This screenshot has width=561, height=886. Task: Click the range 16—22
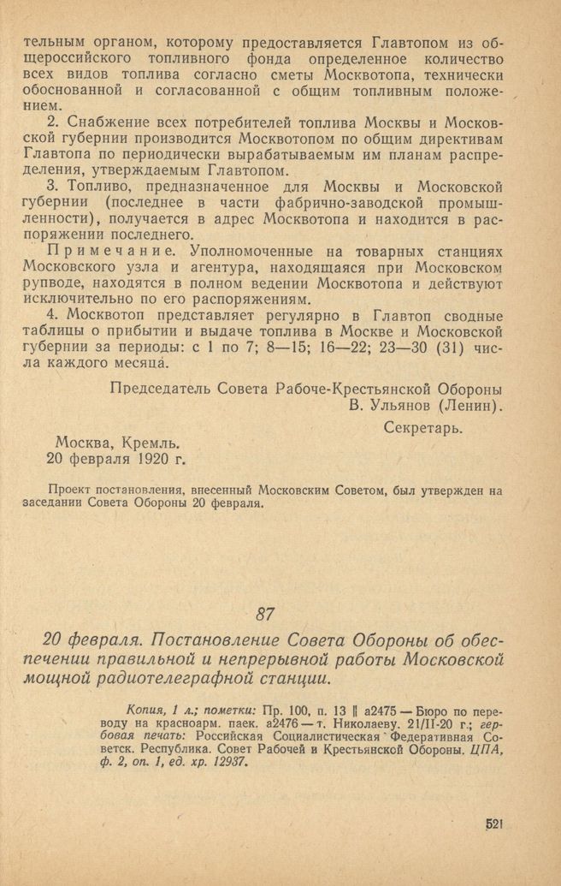[319, 349]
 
